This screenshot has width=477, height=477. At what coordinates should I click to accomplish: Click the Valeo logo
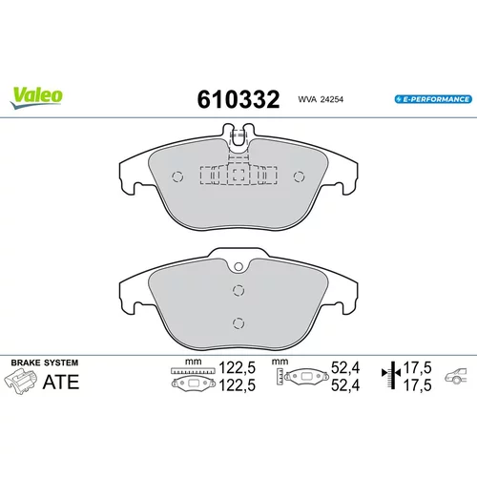[x=36, y=97]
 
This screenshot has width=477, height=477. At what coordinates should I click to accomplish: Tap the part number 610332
[x=238, y=99]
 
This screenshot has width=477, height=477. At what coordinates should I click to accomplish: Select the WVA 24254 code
[x=321, y=99]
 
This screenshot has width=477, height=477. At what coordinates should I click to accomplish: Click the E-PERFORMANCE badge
[x=433, y=99]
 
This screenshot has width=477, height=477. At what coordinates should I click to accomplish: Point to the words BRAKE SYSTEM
[x=45, y=363]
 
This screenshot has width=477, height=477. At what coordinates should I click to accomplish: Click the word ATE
[x=61, y=382]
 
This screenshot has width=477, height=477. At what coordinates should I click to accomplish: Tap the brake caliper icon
[x=20, y=382]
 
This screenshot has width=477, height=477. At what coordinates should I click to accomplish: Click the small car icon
[x=456, y=376]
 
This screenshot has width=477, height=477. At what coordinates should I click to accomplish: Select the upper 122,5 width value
[x=238, y=368]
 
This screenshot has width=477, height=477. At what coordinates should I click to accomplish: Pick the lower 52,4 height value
[x=345, y=385]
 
